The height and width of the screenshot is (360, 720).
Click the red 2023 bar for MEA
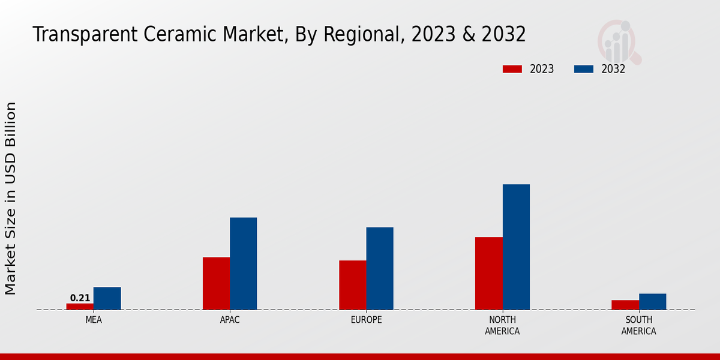[x=80, y=307]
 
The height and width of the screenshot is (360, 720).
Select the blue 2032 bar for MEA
[x=107, y=298]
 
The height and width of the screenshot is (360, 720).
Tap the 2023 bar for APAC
[x=216, y=283]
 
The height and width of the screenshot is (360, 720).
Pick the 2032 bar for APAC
[x=243, y=263]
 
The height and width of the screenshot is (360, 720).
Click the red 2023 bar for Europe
[x=352, y=285]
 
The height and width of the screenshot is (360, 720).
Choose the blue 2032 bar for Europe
[x=380, y=268]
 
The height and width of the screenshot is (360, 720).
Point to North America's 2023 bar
[x=488, y=273]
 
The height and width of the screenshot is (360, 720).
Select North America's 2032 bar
[x=516, y=247]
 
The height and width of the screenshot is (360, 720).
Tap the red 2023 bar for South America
[x=625, y=305]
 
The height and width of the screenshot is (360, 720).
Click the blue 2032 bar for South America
[x=652, y=301]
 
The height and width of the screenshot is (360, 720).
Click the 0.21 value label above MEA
[x=80, y=298]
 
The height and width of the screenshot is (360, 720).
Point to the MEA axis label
[x=94, y=320]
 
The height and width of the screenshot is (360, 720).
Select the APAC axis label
[x=230, y=320]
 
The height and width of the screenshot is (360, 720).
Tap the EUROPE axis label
[x=366, y=320]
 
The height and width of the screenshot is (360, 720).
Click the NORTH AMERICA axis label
[x=502, y=326]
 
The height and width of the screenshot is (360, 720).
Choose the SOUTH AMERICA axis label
[x=638, y=326]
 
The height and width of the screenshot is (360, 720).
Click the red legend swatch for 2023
[x=512, y=69]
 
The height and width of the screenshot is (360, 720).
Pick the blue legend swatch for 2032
[x=583, y=69]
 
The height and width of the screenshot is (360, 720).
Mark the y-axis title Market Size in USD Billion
[x=11, y=198]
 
